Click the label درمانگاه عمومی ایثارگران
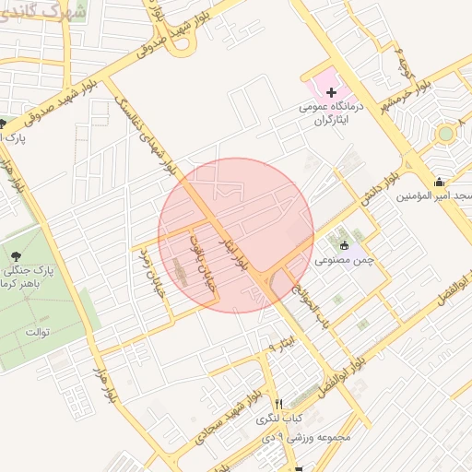pos(329,112)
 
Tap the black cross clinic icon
pos(331,92)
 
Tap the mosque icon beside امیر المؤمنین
pos(439,181)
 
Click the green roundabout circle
pos(446,134)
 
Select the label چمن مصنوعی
pos(343,260)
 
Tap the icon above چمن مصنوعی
pos(345,245)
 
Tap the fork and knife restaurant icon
pos(278,404)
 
